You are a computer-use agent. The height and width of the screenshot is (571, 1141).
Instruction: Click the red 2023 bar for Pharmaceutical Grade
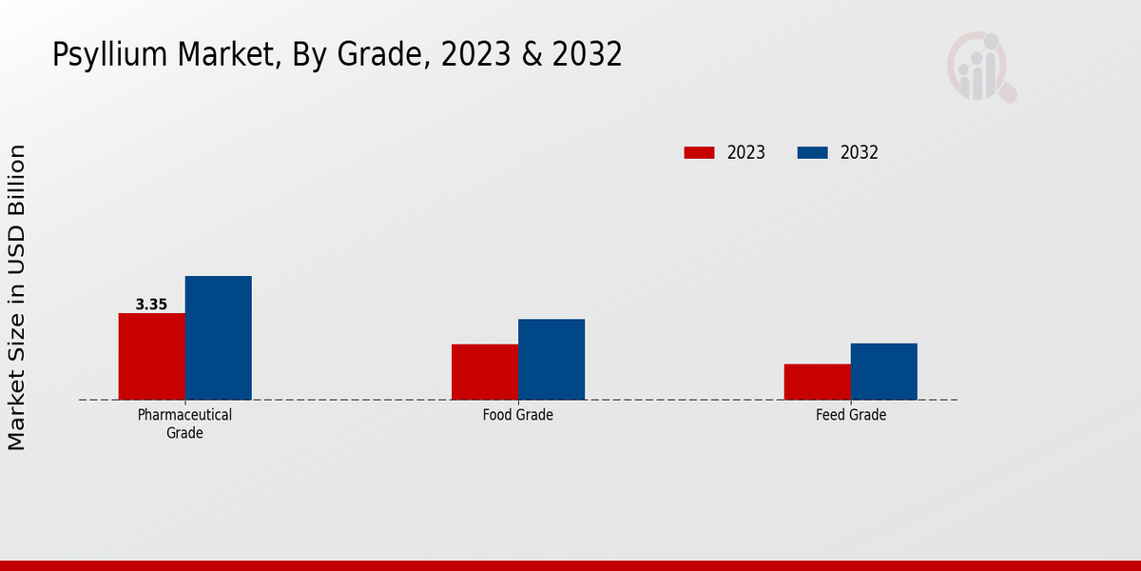[151, 356]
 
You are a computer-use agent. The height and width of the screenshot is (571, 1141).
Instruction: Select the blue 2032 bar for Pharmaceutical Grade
[218, 338]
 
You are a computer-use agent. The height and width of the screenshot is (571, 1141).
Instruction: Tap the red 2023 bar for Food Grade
[484, 371]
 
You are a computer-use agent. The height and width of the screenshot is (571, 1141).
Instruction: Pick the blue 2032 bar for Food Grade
[551, 359]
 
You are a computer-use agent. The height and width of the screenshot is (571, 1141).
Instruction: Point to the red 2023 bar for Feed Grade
[817, 382]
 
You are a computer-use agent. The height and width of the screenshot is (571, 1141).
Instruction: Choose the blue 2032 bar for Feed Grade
[883, 371]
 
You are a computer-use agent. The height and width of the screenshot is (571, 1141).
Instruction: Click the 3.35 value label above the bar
[151, 305]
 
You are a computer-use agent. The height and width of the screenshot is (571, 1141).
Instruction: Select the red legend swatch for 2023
[699, 152]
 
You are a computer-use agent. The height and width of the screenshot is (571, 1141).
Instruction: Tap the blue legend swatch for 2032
[812, 152]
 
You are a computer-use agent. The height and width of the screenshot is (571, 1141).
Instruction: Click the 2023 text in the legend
[746, 152]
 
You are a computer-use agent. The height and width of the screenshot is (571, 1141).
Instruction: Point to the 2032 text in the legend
[860, 152]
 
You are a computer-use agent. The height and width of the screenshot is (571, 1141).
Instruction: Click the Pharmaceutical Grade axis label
[184, 423]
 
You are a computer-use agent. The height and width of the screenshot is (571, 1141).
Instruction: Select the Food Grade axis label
[517, 415]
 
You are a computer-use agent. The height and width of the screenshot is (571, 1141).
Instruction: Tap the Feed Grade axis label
[850, 415]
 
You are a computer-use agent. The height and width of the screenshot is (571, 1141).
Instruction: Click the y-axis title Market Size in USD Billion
[16, 297]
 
